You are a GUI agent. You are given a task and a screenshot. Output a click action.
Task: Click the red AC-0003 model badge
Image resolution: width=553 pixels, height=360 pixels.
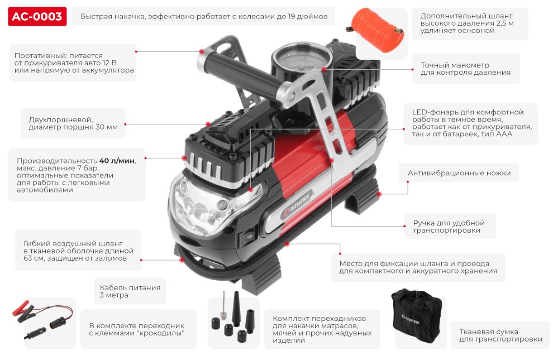coord(37,17)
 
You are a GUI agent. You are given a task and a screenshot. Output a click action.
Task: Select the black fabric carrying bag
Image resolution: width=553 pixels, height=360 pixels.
coord(417,316)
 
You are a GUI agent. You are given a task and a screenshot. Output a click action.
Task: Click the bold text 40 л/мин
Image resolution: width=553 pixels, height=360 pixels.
coord(117,161)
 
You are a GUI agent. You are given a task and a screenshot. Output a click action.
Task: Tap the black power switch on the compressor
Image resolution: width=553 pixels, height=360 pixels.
coord(247,237)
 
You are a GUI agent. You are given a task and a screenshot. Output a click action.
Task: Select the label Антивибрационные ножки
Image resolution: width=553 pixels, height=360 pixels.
coord(459,173)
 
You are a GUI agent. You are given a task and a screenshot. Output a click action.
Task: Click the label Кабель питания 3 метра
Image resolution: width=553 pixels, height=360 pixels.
coord(130,291)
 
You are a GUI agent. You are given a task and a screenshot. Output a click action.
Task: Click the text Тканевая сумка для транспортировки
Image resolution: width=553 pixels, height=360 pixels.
coord(500,335)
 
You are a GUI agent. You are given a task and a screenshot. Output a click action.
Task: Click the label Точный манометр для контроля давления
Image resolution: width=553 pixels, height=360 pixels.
coord(465,69)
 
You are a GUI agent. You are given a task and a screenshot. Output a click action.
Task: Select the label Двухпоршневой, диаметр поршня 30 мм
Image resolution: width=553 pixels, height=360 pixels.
coord(73,123)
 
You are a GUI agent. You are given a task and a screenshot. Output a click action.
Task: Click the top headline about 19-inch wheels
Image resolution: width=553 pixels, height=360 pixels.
coord(204,17)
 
